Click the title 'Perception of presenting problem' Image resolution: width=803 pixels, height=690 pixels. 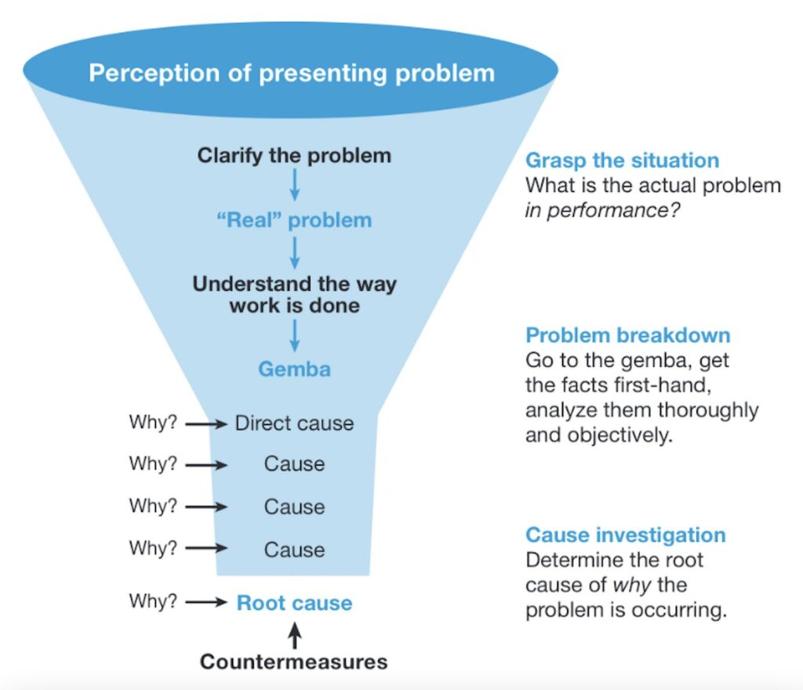pyautogui.click(x=292, y=73)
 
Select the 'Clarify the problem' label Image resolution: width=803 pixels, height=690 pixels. pyautogui.click(x=294, y=155)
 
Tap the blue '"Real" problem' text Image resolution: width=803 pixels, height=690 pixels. pyautogui.click(x=294, y=220)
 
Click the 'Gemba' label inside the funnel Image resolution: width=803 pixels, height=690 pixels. pyautogui.click(x=294, y=369)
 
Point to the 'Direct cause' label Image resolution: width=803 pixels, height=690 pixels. pyautogui.click(x=294, y=423)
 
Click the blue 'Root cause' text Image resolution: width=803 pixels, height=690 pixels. pyautogui.click(x=294, y=603)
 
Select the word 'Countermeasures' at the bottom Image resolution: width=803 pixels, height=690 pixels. pyautogui.click(x=294, y=662)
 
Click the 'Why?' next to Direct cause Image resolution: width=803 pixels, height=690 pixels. pyautogui.click(x=154, y=423)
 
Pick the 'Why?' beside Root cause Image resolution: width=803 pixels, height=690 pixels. pyautogui.click(x=154, y=602)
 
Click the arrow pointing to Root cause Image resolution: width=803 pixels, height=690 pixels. pyautogui.click(x=206, y=603)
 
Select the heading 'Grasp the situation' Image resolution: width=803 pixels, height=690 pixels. pyautogui.click(x=622, y=161)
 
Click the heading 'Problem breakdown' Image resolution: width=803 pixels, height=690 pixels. pyautogui.click(x=627, y=336)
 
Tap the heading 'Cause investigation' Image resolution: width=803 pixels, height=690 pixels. pyautogui.click(x=625, y=536)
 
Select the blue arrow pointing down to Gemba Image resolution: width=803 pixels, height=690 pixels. pyautogui.click(x=295, y=336)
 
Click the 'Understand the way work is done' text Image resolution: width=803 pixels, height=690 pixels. pyautogui.click(x=294, y=294)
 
